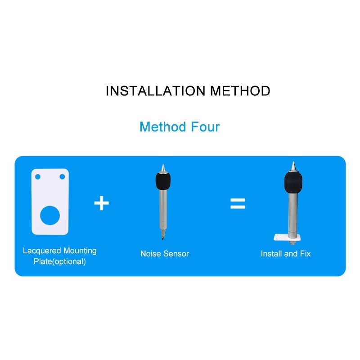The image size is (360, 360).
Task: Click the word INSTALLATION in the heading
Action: pyautogui.click(x=155, y=91)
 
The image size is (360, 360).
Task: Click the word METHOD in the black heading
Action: pyautogui.click(x=240, y=91)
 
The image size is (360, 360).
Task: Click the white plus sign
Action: pyautogui.click(x=102, y=203)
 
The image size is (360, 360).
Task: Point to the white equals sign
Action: pyautogui.click(x=238, y=203)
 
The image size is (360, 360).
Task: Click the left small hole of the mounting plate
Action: pyautogui.click(x=38, y=176)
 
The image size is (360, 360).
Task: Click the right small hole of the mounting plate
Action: pyautogui.click(x=62, y=176)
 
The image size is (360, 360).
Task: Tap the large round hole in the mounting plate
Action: pyautogui.click(x=50, y=216)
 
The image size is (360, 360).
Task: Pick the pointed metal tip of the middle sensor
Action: pyautogui.click(x=163, y=168)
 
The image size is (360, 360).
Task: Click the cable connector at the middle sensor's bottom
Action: pyautogui.click(x=163, y=234)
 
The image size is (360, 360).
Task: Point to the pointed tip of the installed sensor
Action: pyautogui.click(x=293, y=166)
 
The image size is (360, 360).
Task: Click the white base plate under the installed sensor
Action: pyautogui.click(x=287, y=238)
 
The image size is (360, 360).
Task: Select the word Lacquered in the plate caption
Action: pyautogui.click(x=42, y=251)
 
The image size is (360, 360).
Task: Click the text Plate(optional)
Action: pyautogui.click(x=60, y=261)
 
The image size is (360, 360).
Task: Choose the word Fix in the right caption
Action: pyautogui.click(x=305, y=254)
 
